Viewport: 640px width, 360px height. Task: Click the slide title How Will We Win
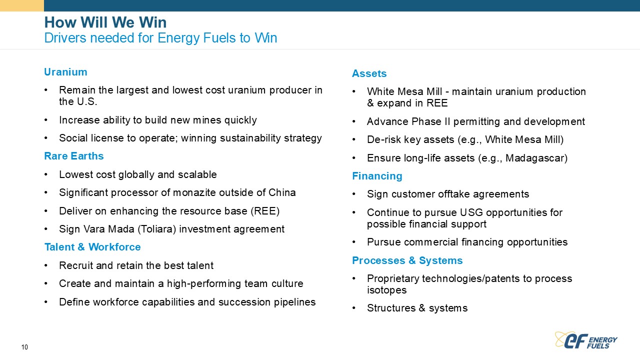point(105,22)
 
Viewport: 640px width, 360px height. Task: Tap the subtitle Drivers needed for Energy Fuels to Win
point(160,38)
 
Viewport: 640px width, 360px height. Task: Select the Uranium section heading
point(65,72)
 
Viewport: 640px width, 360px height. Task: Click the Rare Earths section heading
point(74,156)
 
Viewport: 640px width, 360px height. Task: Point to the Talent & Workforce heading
point(92,247)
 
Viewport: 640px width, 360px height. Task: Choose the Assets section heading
point(369,73)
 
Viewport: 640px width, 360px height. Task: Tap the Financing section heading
point(377,176)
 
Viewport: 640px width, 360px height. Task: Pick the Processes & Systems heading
point(407,260)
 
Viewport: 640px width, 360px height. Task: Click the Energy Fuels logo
point(586,340)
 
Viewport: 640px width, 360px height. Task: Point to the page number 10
point(24,347)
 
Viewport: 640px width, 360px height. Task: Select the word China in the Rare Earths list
point(282,192)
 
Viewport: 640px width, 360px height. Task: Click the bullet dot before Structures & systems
point(354,308)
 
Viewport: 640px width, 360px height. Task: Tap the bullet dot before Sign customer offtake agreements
point(354,194)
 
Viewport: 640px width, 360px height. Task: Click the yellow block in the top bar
point(22,5)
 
